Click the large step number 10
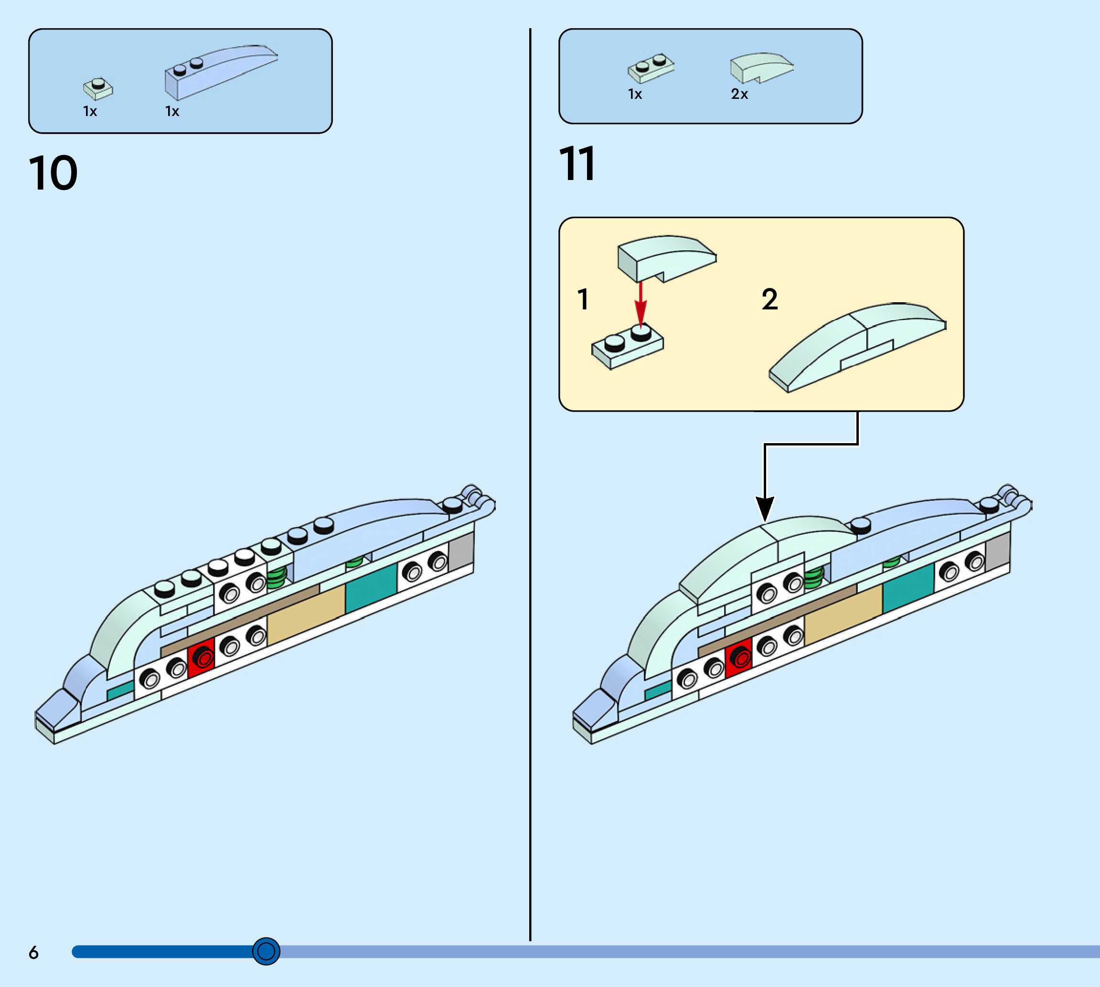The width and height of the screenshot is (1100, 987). click(x=53, y=173)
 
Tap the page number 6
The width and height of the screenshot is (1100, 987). click(x=33, y=952)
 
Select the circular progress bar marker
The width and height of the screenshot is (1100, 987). click(x=266, y=951)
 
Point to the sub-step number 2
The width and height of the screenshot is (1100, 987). click(x=769, y=299)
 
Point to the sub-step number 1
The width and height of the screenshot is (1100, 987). click(x=583, y=299)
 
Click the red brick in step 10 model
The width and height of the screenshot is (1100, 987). click(x=202, y=657)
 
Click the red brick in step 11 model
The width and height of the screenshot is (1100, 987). click(x=739, y=657)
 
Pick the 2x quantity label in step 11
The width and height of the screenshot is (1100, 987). click(x=739, y=95)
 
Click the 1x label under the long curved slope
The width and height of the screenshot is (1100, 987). click(x=172, y=112)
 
